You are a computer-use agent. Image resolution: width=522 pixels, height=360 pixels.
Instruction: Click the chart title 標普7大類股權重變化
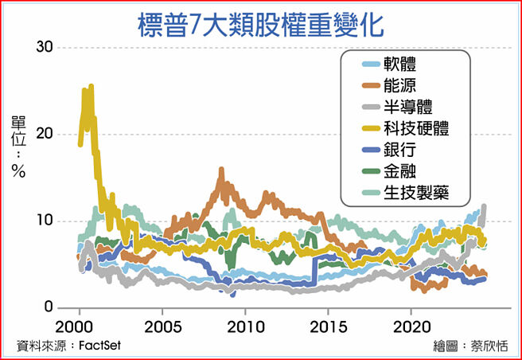[260, 23]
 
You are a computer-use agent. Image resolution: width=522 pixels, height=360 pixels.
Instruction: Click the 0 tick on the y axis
[49, 307]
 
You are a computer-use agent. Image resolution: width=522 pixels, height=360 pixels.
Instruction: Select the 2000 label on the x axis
[79, 327]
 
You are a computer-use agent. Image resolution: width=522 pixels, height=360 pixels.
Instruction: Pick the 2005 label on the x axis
[162, 327]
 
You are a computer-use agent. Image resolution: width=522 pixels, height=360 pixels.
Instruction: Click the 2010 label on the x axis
[246, 327]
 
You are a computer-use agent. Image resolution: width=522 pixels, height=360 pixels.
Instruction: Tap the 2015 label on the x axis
[329, 327]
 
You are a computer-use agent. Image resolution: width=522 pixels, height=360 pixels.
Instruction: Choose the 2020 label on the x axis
[411, 327]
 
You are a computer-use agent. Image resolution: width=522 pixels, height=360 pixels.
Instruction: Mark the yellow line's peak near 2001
[92, 86]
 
